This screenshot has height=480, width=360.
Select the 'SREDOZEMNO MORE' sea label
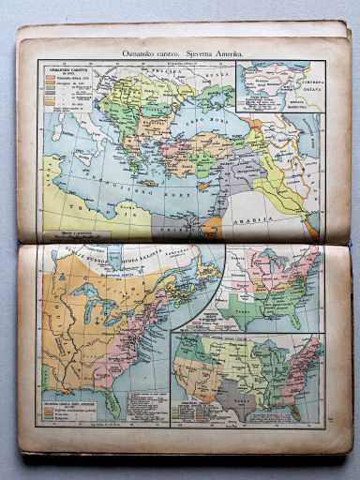click(122, 186)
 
